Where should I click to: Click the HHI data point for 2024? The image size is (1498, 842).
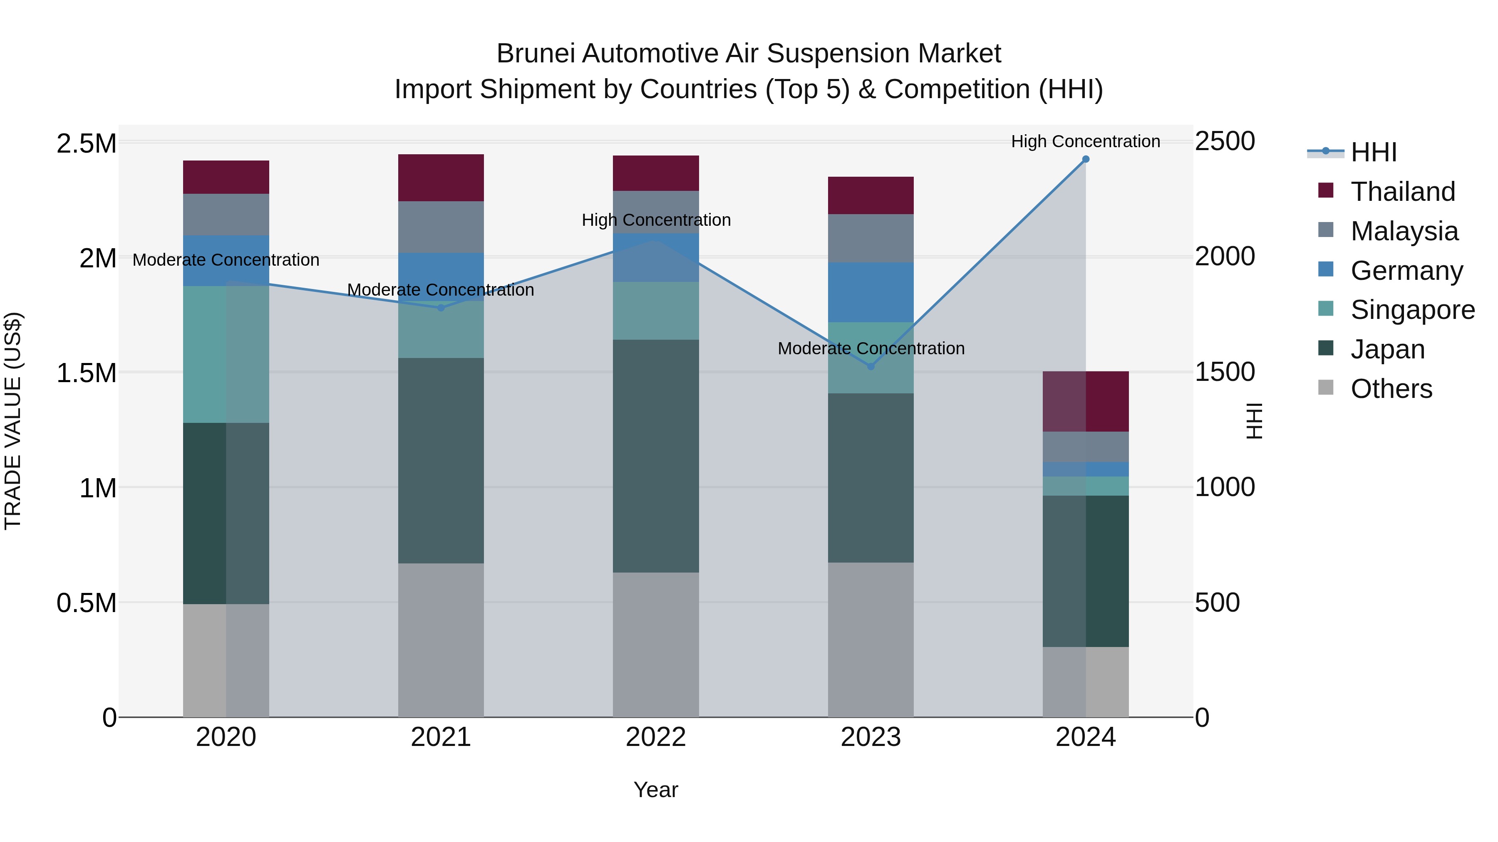click(1085, 159)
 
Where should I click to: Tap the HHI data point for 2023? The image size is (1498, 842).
click(871, 367)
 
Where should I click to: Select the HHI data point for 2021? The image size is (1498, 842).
click(441, 308)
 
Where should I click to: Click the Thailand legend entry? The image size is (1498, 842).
click(1402, 192)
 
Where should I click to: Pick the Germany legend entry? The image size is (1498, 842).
click(1406, 271)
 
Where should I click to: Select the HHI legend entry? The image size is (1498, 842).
click(1373, 152)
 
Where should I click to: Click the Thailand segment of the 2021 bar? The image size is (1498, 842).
click(441, 178)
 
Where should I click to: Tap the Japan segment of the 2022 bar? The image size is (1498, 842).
click(655, 456)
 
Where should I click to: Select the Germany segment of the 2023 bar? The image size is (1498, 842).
click(871, 292)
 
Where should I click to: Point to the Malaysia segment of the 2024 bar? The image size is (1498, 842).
click(1085, 447)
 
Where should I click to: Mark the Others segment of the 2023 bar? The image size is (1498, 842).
click(871, 639)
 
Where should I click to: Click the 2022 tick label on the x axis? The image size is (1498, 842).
click(655, 737)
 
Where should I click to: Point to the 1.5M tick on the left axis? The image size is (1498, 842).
click(86, 373)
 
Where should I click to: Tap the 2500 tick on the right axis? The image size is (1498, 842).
click(1225, 142)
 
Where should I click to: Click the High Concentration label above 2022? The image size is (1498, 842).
click(656, 220)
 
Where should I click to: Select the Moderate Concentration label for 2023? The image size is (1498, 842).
click(871, 349)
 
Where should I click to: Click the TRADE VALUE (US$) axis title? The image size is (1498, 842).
click(13, 421)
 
